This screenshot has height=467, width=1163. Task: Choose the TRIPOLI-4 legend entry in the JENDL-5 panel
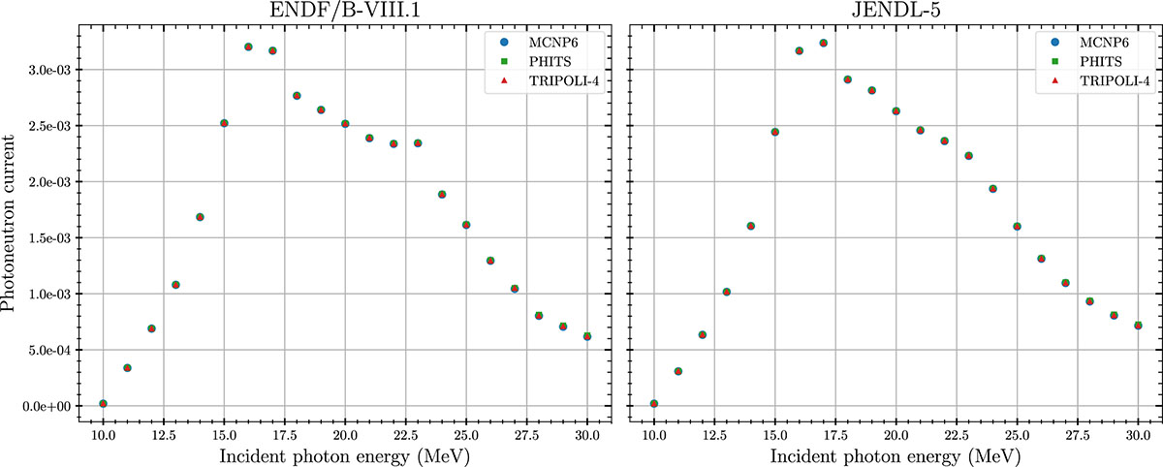pos(1101,80)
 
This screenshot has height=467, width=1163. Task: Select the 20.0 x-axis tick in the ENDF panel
pos(345,437)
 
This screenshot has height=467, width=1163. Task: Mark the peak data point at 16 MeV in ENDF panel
pos(248,47)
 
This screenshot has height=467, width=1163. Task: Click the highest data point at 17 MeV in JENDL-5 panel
pos(824,43)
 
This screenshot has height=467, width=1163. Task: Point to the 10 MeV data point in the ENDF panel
pos(103,403)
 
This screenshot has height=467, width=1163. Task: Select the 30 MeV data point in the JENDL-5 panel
pos(1138,326)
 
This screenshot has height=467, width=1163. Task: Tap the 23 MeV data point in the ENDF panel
pos(418,143)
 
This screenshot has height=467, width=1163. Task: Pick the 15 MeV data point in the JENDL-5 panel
pos(775,132)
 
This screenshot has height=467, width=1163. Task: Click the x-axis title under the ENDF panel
pos(345,455)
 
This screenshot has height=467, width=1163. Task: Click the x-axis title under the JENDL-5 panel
pos(896,455)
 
